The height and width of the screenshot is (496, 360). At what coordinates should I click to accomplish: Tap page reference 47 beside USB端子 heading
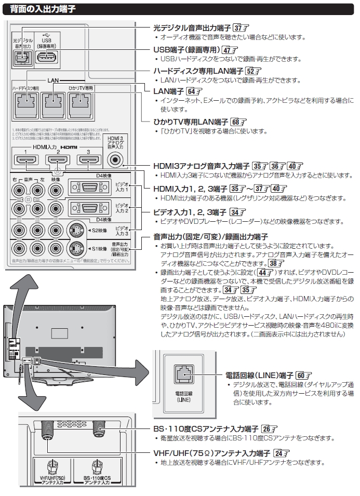click(227, 50)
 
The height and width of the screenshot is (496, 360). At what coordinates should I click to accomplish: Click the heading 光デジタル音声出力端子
click(192, 28)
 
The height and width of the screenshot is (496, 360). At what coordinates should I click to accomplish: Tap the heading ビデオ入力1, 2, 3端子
click(190, 212)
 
